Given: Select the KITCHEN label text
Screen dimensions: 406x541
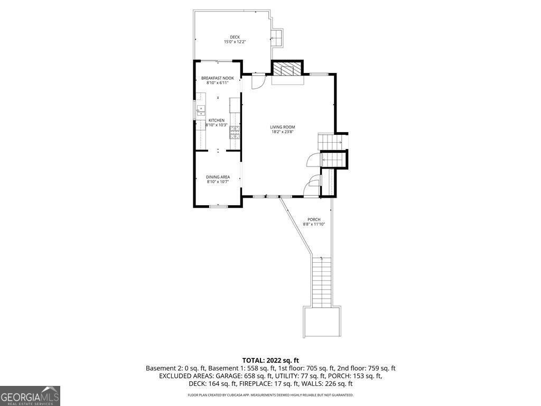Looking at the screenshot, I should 217,121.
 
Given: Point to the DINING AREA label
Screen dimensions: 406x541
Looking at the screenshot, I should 217,177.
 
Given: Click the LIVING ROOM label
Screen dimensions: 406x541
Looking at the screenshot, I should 282,127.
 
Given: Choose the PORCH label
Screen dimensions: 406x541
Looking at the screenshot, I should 314,219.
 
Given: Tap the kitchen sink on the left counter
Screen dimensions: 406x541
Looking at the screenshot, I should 201,110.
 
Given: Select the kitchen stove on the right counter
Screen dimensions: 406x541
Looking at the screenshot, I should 234,132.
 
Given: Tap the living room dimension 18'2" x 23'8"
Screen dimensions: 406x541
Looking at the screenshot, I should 282,132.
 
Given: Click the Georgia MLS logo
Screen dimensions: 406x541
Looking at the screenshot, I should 30,396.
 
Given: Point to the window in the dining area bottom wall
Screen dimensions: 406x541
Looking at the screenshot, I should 218,206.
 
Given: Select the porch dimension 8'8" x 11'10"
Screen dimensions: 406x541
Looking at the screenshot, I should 314,224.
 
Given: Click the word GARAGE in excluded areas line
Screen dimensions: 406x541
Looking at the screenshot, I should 219,376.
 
